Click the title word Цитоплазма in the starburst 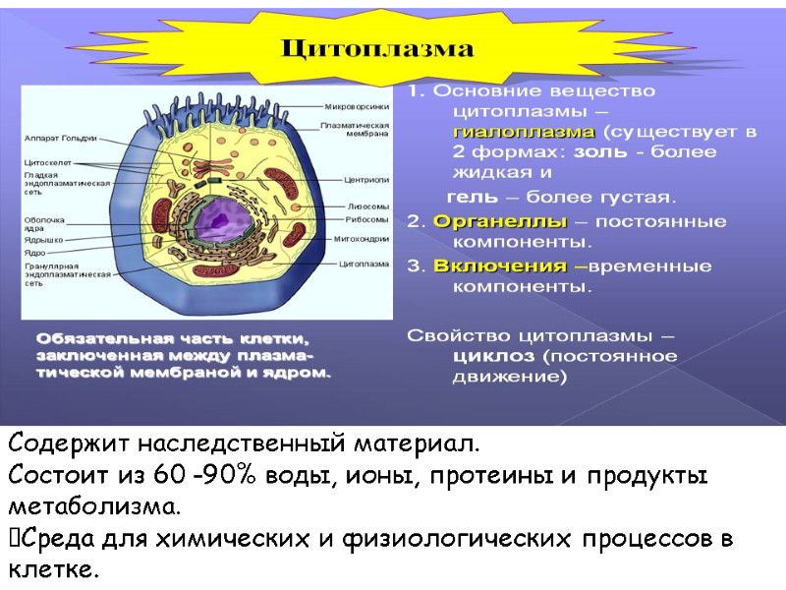(x=378, y=48)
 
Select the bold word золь (x=599, y=152)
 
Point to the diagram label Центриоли (x=366, y=181)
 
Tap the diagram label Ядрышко (x=43, y=238)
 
